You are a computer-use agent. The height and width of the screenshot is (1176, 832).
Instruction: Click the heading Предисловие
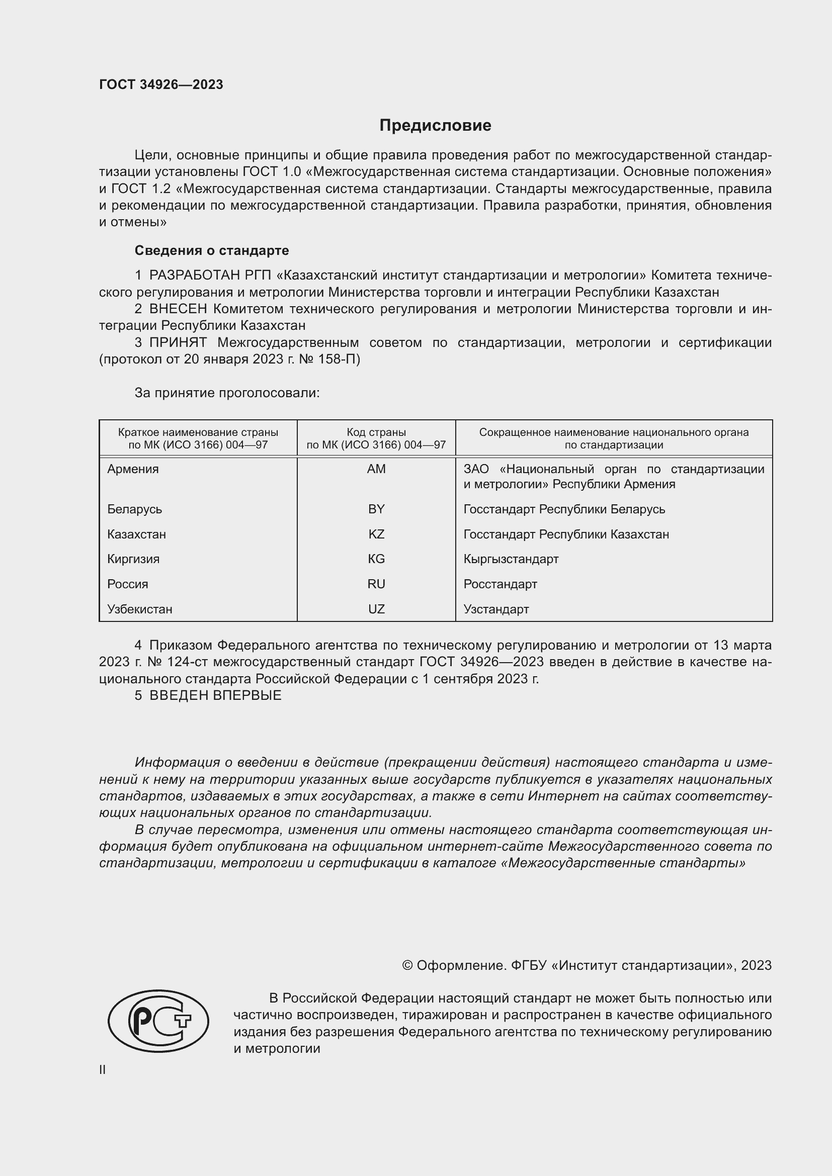point(435,126)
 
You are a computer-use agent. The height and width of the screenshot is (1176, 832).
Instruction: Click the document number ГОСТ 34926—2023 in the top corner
point(161,84)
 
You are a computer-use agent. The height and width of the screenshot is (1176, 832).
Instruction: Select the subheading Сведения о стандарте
point(212,250)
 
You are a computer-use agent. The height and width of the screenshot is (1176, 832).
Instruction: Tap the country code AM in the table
point(376,469)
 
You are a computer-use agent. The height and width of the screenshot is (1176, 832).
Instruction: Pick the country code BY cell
point(376,509)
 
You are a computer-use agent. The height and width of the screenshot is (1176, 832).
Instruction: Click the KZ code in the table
point(376,534)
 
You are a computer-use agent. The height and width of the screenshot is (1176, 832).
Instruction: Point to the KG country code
point(376,559)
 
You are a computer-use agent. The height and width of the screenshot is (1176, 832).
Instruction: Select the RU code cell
point(376,584)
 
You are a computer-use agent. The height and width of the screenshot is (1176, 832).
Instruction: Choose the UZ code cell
point(376,609)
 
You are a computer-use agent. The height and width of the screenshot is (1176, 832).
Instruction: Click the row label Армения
point(133,469)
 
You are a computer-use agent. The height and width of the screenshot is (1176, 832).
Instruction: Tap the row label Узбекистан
point(139,609)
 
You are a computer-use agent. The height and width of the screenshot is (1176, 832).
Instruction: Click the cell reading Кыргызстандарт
point(511,559)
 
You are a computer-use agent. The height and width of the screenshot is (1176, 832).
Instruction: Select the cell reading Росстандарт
point(500,584)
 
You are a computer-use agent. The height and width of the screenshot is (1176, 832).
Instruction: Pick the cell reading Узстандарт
point(496,609)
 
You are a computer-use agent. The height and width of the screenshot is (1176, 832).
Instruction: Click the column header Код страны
point(376,432)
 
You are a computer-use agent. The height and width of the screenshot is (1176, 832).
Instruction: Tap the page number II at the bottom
point(103,1069)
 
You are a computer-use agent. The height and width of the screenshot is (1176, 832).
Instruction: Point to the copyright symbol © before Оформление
point(407,965)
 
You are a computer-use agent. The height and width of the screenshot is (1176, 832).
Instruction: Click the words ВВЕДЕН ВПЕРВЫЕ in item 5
point(215,695)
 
